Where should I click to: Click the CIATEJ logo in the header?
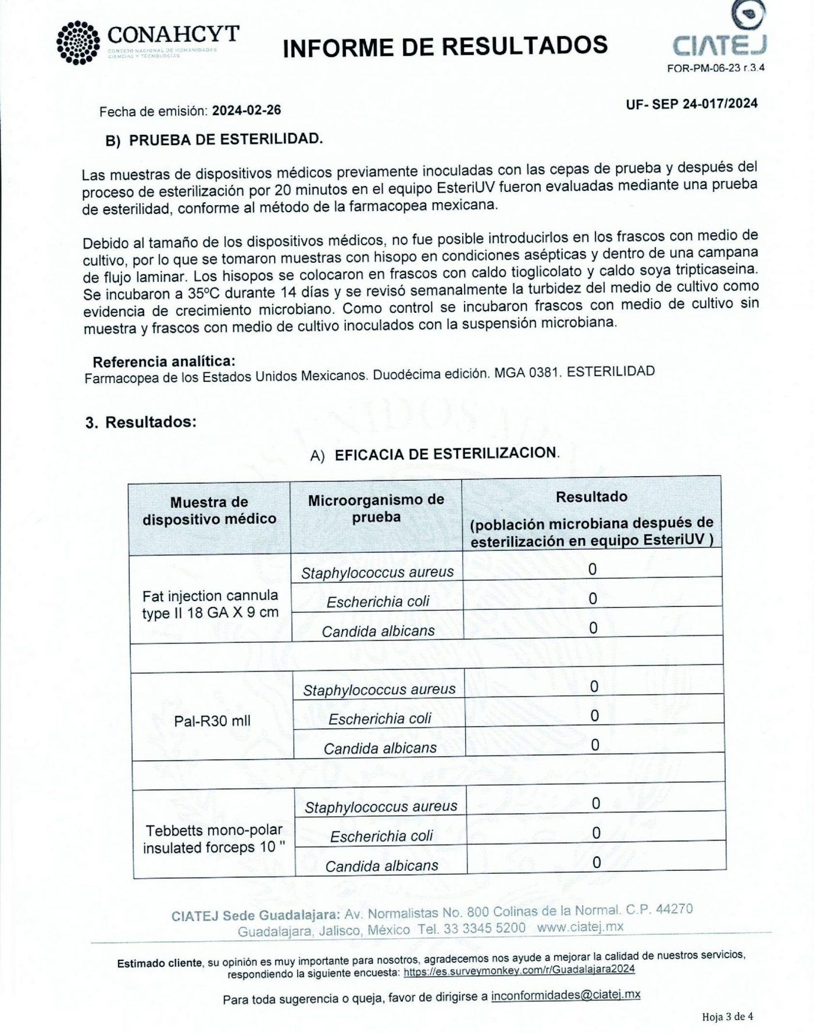(719, 33)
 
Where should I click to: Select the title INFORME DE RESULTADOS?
(445, 46)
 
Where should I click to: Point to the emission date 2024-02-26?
(247, 110)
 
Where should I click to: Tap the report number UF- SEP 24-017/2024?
(691, 103)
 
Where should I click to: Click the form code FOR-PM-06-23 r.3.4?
(716, 67)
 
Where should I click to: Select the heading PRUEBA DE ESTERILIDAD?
(225, 140)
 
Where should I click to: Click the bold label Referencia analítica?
(164, 362)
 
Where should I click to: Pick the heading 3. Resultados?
(141, 421)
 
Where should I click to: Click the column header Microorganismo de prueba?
(376, 508)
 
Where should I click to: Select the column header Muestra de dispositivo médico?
(209, 510)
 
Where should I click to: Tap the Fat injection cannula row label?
(210, 604)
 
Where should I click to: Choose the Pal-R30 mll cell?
(212, 721)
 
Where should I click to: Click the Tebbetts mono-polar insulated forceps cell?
(214, 838)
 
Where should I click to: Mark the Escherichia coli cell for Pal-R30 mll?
(380, 719)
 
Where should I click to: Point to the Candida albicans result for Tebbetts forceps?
(596, 862)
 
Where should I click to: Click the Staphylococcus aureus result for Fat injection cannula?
(592, 569)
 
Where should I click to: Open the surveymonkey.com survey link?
(519, 970)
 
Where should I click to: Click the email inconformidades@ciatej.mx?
(565, 995)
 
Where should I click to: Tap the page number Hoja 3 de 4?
(727, 1017)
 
